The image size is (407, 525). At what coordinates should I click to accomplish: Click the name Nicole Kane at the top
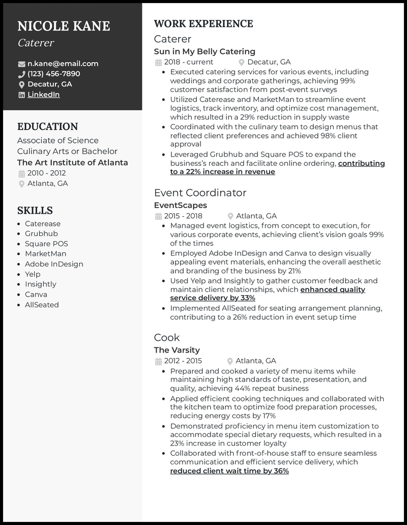click(64, 26)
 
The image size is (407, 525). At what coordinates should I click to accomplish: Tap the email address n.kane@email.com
click(63, 64)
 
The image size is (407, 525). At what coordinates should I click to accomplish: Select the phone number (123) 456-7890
click(53, 74)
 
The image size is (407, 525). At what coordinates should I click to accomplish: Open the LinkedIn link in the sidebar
click(43, 95)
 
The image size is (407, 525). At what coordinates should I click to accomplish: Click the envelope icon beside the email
click(21, 64)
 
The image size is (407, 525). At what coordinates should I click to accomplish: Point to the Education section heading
click(47, 127)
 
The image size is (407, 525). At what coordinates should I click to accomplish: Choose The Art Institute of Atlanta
click(72, 163)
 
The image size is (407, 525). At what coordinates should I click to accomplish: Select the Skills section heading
click(35, 211)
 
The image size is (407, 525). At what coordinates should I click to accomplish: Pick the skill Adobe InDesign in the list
click(54, 264)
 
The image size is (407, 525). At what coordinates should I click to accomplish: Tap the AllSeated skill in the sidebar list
click(42, 305)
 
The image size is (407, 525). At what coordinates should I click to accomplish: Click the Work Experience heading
click(203, 24)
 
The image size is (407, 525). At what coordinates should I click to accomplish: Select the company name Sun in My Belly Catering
click(205, 51)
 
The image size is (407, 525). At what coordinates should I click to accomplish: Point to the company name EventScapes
click(181, 206)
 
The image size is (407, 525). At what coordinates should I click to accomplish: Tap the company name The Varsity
click(177, 350)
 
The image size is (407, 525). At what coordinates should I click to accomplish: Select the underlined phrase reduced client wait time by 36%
click(229, 471)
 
